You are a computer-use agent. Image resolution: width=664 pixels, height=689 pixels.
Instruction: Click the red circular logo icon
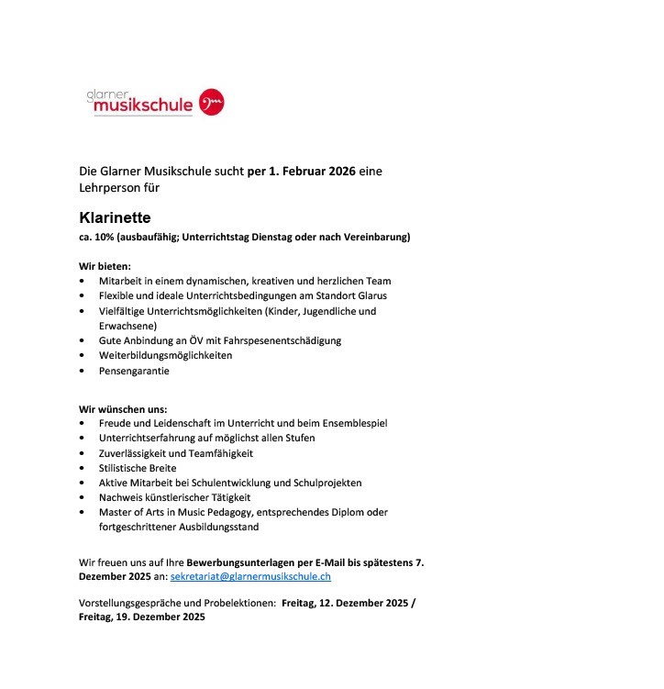click(212, 102)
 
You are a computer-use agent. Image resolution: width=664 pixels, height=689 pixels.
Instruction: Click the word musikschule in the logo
click(138, 106)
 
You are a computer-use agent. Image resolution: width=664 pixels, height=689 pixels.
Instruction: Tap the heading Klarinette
click(115, 218)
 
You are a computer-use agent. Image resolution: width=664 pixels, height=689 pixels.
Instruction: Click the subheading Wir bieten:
click(105, 265)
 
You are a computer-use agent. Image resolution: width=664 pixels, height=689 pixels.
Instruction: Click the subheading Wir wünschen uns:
click(122, 408)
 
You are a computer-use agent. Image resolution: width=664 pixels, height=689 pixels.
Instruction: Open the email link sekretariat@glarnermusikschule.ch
click(250, 576)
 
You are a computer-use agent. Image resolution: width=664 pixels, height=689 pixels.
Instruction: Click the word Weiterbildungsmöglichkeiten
click(165, 355)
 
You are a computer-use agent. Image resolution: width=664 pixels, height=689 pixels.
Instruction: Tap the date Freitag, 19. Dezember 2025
click(141, 617)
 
